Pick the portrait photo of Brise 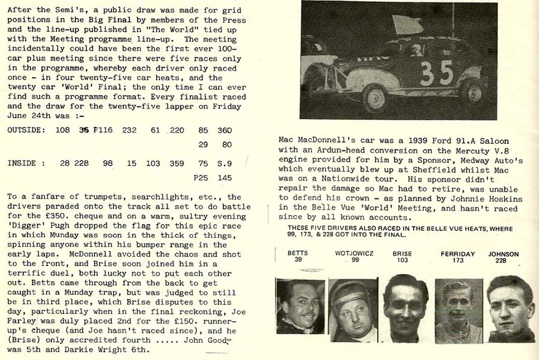(x=406, y=308)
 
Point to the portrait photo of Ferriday (x=458, y=310)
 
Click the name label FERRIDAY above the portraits (x=459, y=254)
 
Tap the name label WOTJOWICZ (x=355, y=254)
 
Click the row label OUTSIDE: (x=26, y=130)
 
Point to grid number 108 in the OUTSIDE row (x=62, y=130)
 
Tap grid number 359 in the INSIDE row (x=176, y=163)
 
